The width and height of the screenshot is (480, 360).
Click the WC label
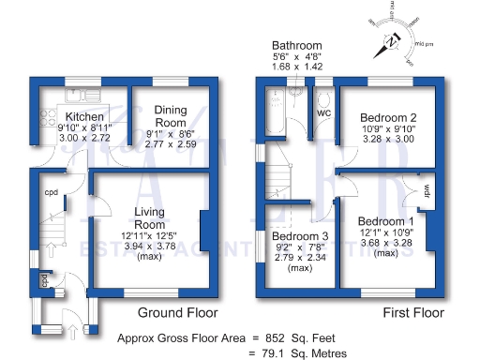(x=323, y=113)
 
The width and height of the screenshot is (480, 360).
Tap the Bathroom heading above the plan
(x=297, y=45)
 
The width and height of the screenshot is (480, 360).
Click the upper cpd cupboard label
(x=51, y=194)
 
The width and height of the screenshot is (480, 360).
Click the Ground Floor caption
(x=178, y=312)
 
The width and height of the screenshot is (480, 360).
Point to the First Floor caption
(x=414, y=312)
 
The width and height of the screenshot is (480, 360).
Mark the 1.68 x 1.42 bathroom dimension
(x=297, y=67)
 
